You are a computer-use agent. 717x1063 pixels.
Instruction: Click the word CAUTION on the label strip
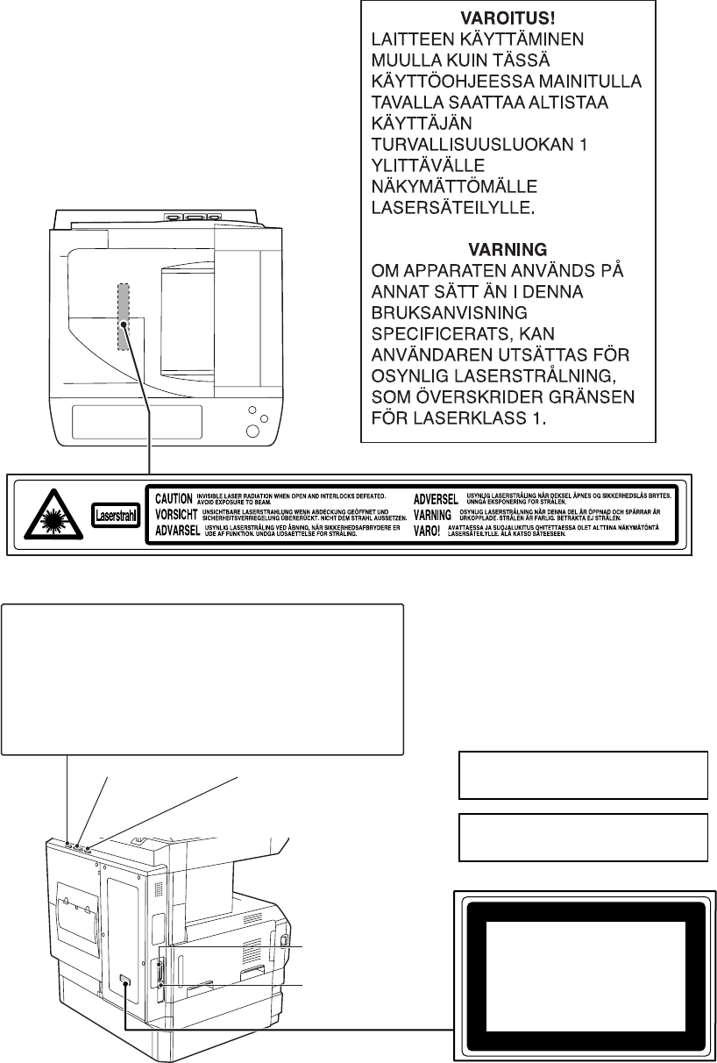click(x=174, y=498)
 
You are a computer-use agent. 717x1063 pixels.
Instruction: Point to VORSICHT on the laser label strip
click(x=176, y=514)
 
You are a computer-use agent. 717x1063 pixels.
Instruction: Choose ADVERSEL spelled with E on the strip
click(x=436, y=498)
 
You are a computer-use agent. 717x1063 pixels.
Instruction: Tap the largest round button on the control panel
click(x=252, y=431)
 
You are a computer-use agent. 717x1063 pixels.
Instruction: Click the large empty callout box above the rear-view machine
click(x=202, y=678)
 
